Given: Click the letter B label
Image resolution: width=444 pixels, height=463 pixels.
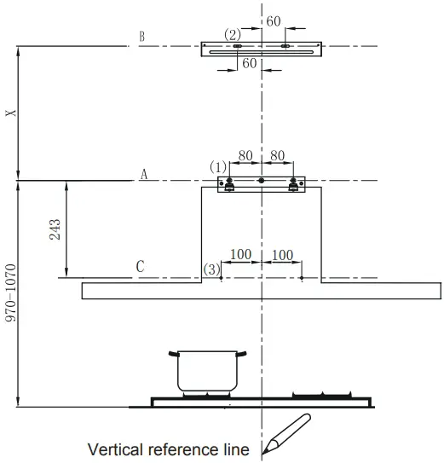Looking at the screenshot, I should [141, 37].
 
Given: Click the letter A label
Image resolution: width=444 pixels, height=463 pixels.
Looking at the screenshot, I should [144, 174].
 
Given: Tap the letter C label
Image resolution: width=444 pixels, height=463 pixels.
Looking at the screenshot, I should [141, 267].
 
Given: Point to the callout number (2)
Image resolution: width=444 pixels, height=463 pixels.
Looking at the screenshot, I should [232, 34].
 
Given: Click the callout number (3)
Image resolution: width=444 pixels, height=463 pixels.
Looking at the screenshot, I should [211, 269].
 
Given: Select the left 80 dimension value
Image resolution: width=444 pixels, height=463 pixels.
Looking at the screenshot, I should [245, 156].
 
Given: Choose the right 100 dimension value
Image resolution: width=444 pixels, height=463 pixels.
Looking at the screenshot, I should [283, 255].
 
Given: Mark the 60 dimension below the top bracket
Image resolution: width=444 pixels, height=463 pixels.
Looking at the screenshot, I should [249, 63].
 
